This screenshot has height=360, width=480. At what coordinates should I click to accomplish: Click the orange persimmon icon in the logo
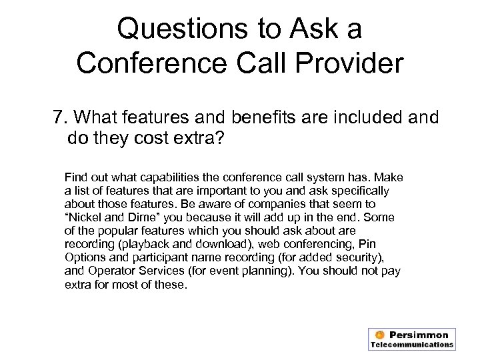(x=379, y=335)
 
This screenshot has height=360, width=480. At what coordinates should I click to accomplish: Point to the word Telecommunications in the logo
(x=412, y=345)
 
